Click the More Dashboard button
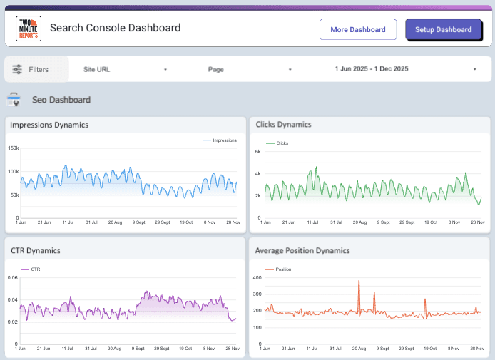pyautogui.click(x=358, y=29)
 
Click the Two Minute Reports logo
pyautogui.click(x=29, y=29)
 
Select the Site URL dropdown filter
pyautogui.click(x=125, y=69)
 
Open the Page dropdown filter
pyautogui.click(x=250, y=69)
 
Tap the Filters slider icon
pyautogui.click(x=17, y=69)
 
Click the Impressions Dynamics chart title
pyautogui.click(x=49, y=125)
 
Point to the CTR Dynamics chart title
pyautogui.click(x=35, y=250)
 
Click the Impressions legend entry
pyautogui.click(x=219, y=140)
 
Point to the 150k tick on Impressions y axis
pyautogui.click(x=13, y=148)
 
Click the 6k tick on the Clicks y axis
pyautogui.click(x=258, y=152)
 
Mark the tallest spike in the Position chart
pyautogui.click(x=359, y=282)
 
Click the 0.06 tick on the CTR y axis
pyautogui.click(x=13, y=277)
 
